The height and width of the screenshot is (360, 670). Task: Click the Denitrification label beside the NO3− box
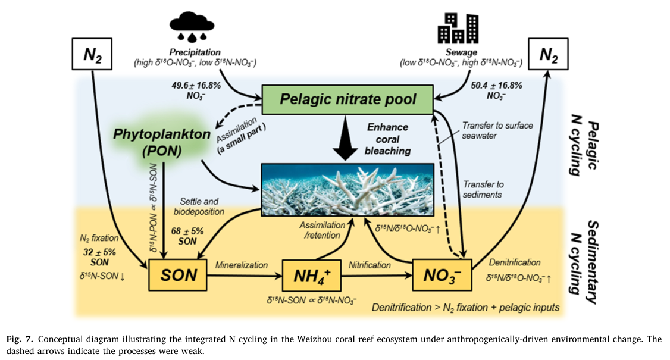click(x=514, y=262)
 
